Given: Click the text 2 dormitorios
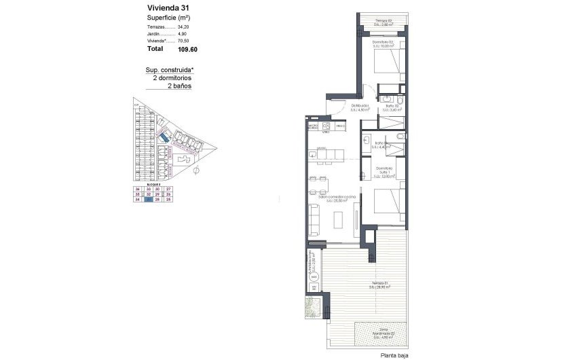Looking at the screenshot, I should [172, 78].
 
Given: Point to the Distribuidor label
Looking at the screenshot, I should [360, 106].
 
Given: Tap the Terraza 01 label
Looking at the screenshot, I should [379, 283].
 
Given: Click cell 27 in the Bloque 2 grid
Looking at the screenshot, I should [168, 188].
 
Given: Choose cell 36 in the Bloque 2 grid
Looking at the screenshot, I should [138, 188].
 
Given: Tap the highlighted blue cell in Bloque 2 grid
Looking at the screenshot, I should [148, 199].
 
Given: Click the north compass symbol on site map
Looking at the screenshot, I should [198, 169].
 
